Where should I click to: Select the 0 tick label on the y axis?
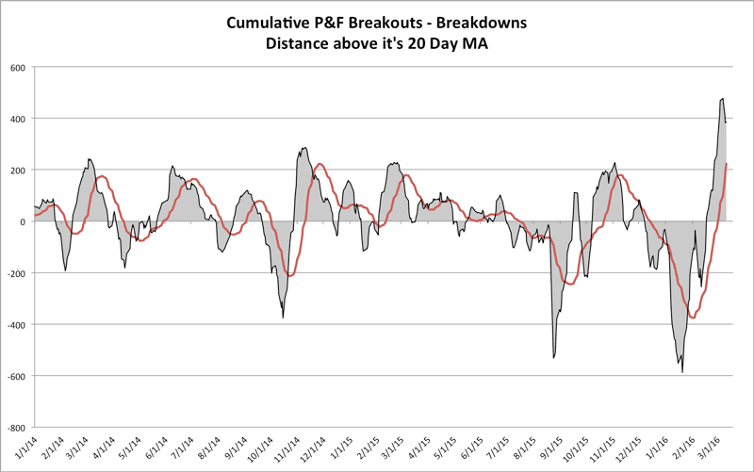pyautogui.click(x=25, y=221)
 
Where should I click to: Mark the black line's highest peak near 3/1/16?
pyautogui.click(x=722, y=98)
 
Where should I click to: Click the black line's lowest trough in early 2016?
pyautogui.click(x=682, y=373)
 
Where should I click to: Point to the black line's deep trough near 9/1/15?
pyautogui.click(x=553, y=358)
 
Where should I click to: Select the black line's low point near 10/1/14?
pyautogui.click(x=284, y=317)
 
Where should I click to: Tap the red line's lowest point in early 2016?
pyautogui.click(x=694, y=317)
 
